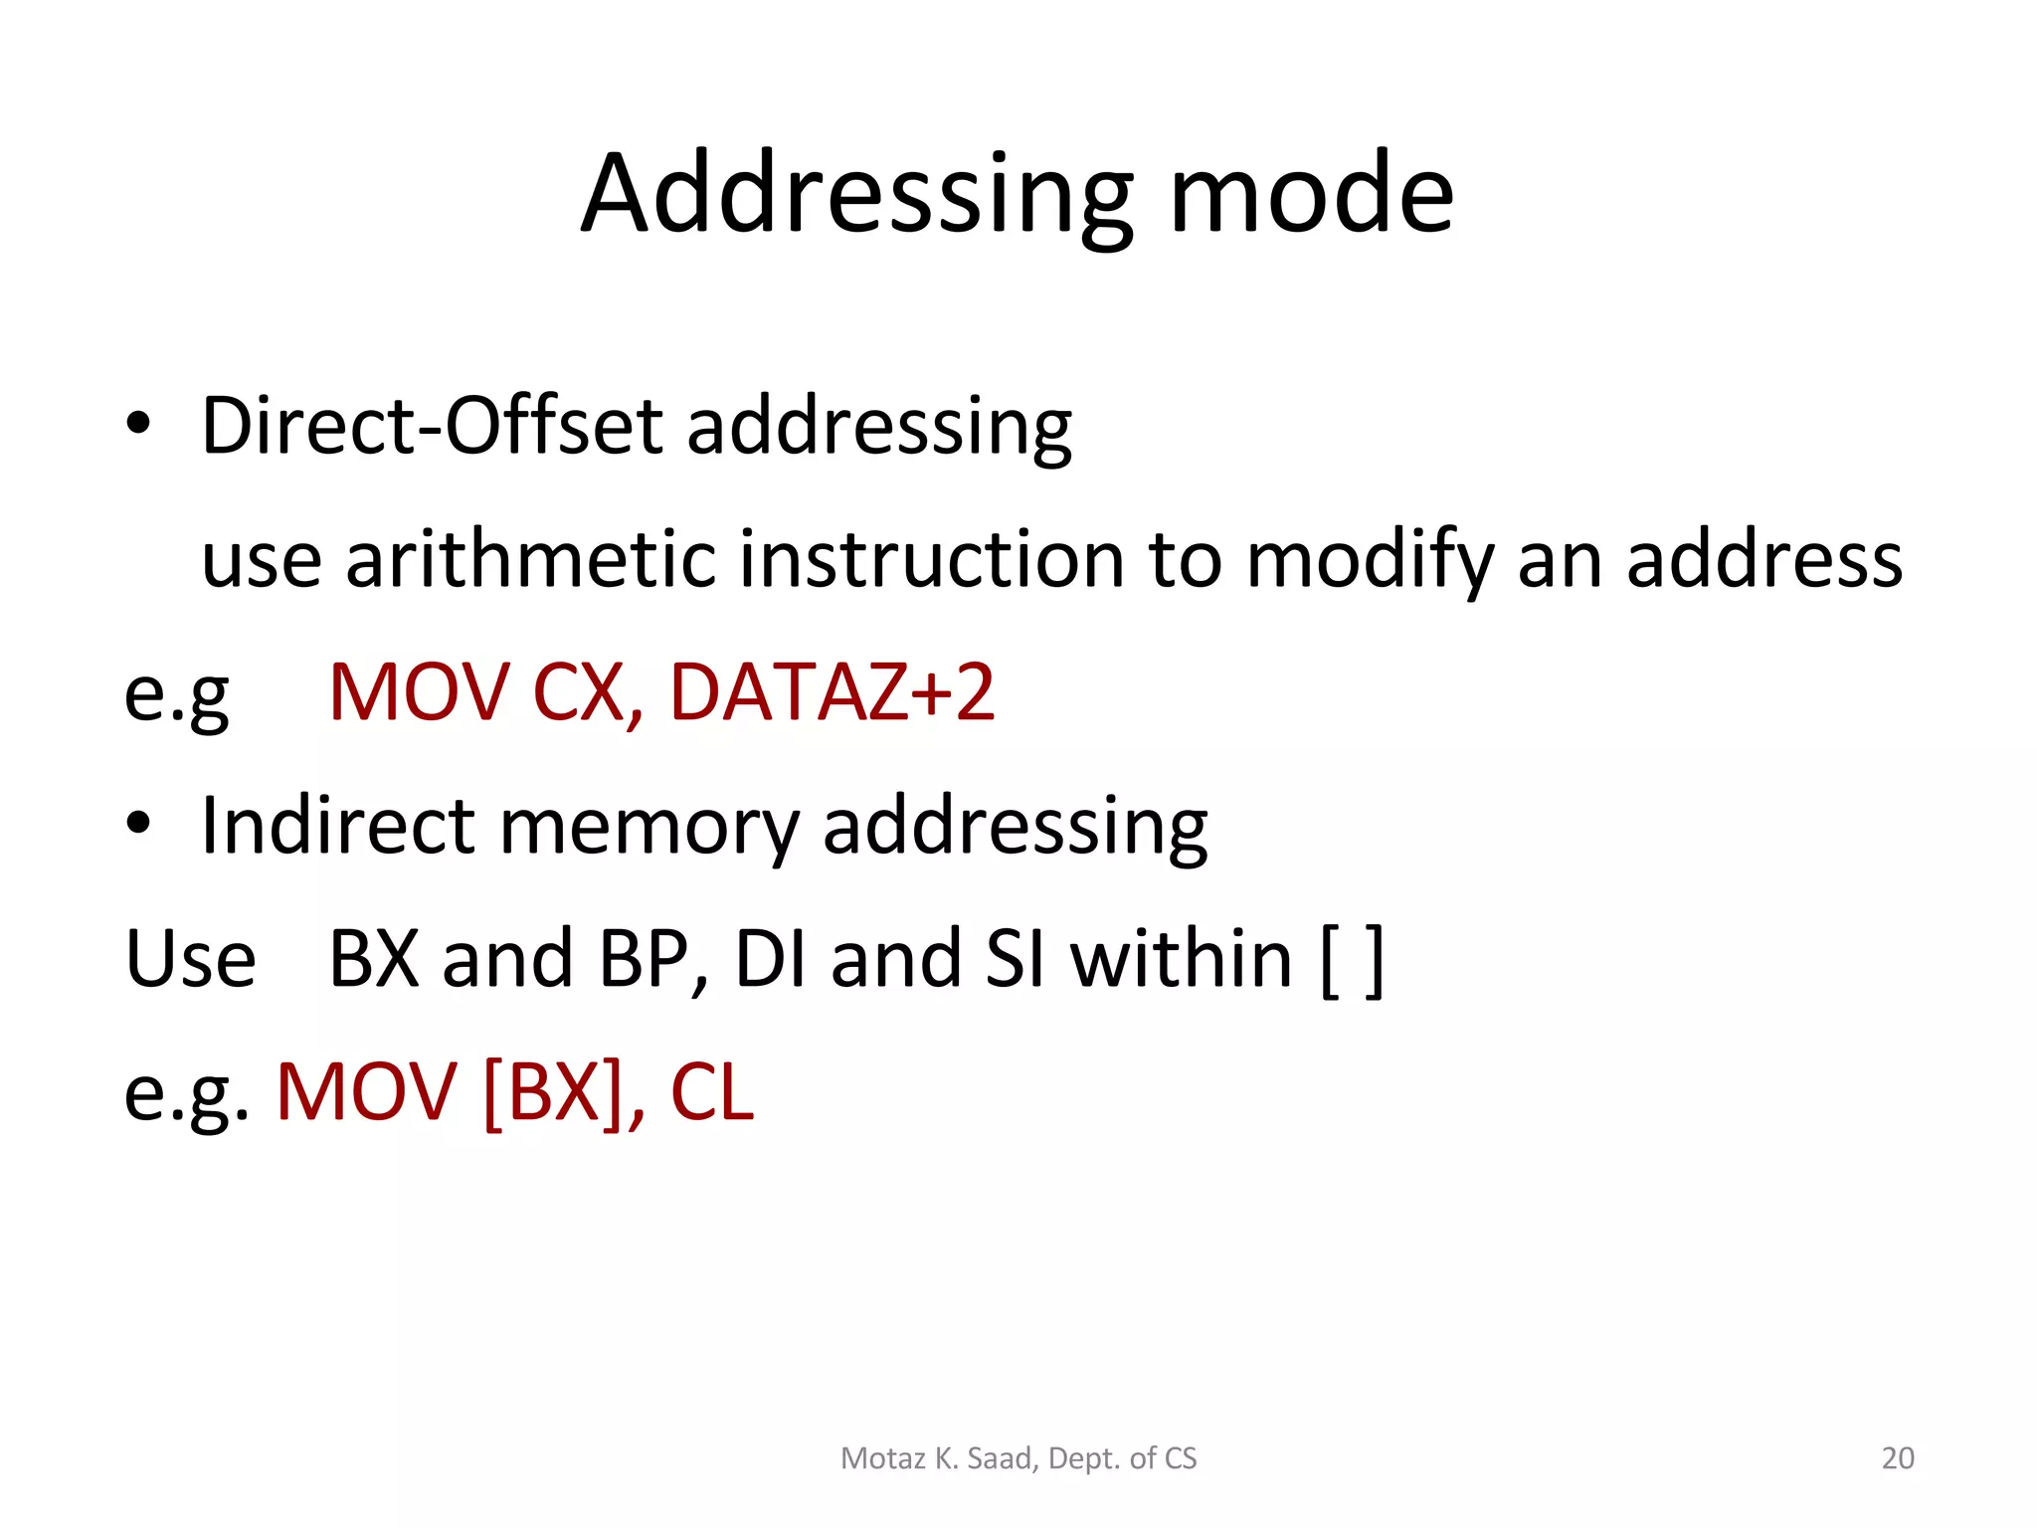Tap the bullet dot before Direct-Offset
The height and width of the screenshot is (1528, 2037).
tap(139, 424)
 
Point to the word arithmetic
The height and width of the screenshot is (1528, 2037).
tap(530, 559)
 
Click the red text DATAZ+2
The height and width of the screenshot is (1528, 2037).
tap(832, 692)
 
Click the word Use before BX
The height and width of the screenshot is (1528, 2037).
tap(190, 959)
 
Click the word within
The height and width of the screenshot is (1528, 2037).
tap(1181, 959)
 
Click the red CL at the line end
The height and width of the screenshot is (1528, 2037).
tap(712, 1092)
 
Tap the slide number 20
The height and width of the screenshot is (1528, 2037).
tap(1898, 1458)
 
